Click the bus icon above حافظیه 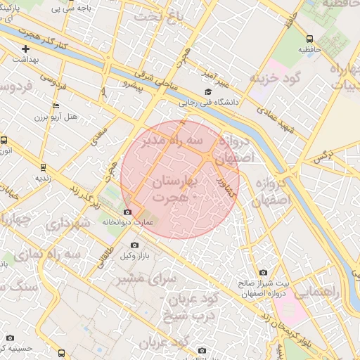pyautogui.click(x=310, y=39)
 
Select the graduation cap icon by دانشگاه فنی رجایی pyautogui.click(x=207, y=92)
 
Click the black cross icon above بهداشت pyautogui.click(x=26, y=49)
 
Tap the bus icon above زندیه pyautogui.click(x=44, y=167)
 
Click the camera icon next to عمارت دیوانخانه pyautogui.click(x=127, y=212)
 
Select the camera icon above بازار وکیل pyautogui.click(x=134, y=245)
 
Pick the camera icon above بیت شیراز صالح pyautogui.click(x=263, y=272)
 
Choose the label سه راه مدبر pyautogui.click(x=172, y=142)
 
